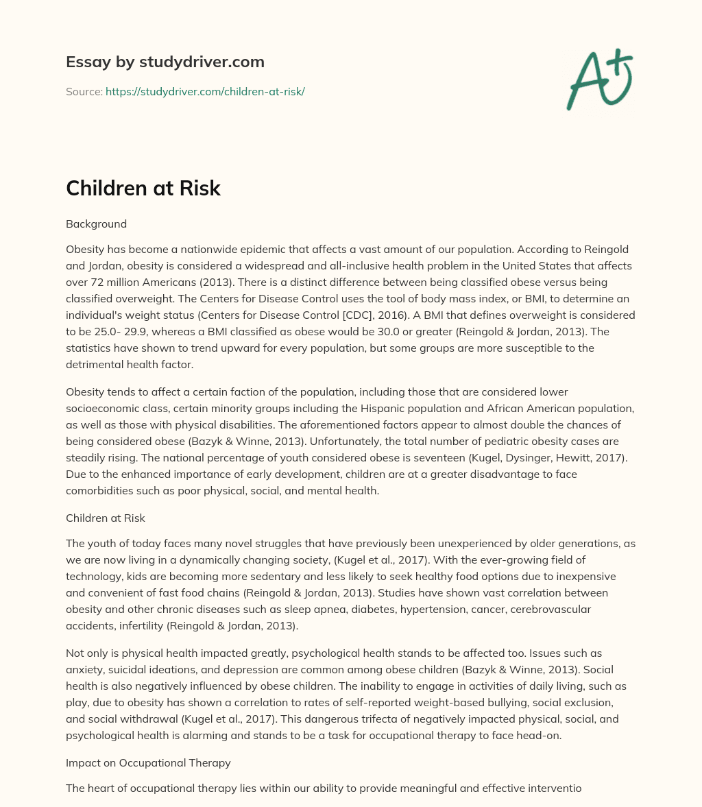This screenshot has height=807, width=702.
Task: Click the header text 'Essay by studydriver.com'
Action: [x=165, y=62]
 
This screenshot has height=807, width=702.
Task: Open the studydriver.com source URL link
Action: [x=205, y=91]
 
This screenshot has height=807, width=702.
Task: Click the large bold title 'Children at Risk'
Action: [x=143, y=188]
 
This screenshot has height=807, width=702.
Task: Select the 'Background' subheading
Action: [x=96, y=224]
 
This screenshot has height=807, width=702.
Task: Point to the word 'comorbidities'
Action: [x=99, y=490]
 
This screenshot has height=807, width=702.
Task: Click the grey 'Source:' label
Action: [x=84, y=91]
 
